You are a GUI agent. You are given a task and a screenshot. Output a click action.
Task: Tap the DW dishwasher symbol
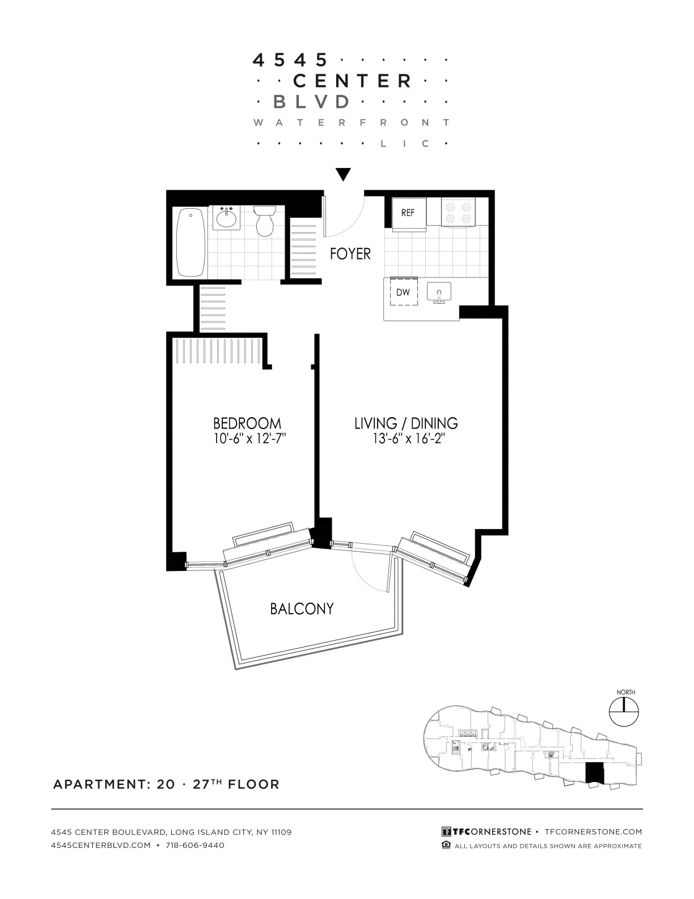pos(403,293)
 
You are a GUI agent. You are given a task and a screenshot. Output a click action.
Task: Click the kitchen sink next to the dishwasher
pos(438,292)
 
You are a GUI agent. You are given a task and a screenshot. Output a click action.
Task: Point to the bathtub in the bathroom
pos(191,242)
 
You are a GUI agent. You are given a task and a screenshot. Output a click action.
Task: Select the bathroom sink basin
pos(227,219)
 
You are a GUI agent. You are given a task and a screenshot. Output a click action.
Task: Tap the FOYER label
pos(350,254)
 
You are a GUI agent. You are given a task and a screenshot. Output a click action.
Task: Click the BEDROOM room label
pos(247,423)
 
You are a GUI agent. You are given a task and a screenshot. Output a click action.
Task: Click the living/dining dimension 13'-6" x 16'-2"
pos(405,438)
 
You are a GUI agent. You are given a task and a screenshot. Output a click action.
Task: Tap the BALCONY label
pos(302,609)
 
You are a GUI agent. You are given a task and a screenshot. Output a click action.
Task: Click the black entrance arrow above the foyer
pos(343,174)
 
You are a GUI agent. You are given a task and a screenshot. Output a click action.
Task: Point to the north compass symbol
pos(623,712)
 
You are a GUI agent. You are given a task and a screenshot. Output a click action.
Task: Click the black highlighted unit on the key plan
pos(594,773)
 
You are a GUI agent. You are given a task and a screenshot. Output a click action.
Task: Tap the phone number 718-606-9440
pos(194,846)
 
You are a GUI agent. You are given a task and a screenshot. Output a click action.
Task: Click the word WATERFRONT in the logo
pos(352,123)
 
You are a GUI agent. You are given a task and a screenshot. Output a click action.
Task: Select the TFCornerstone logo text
pos(486,832)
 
